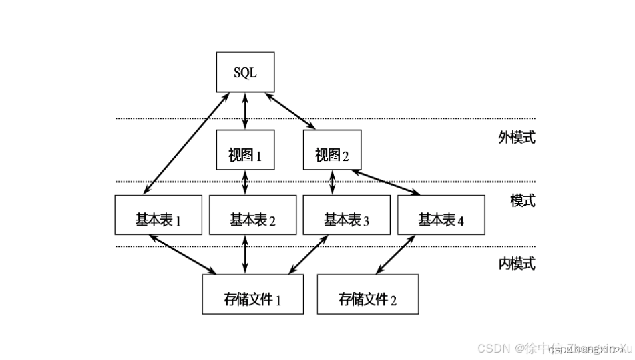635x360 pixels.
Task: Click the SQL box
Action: (x=245, y=73)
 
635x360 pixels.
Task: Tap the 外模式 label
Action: (x=517, y=138)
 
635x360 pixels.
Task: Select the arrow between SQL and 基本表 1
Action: (x=184, y=144)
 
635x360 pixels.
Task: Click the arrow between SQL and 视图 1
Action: (x=245, y=111)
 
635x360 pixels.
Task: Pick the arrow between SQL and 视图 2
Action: (x=292, y=110)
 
